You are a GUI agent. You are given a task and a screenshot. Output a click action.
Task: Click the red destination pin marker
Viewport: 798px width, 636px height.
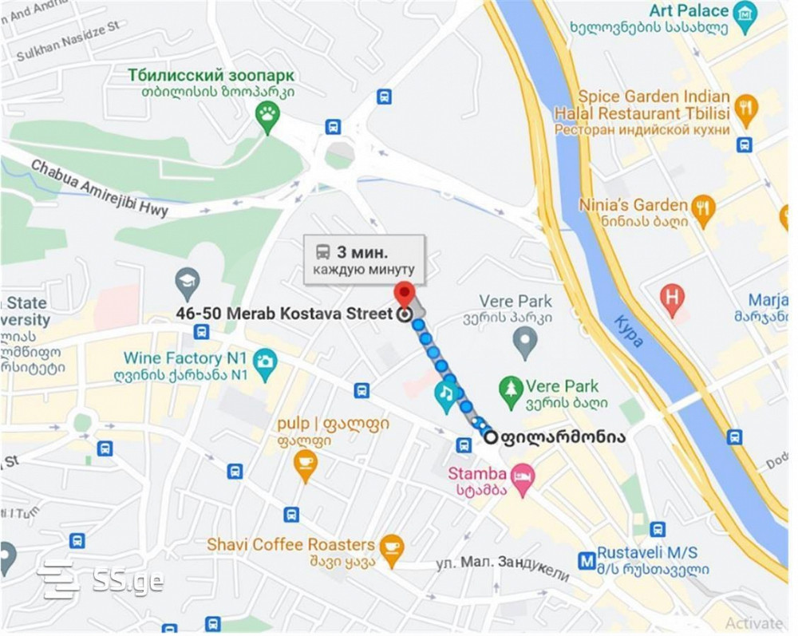pos(405,294)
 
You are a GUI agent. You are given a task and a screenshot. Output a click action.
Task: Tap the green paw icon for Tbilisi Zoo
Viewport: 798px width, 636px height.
pos(267,116)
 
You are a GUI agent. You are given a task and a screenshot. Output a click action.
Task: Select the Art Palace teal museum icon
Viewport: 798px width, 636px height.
pos(745,14)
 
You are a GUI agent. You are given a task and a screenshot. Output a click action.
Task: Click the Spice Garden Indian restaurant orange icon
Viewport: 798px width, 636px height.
pos(745,108)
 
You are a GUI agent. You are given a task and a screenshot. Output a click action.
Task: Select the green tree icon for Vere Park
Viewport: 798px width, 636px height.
pos(510,389)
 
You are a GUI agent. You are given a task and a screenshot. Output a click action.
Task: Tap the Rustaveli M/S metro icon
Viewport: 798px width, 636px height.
pos(587,561)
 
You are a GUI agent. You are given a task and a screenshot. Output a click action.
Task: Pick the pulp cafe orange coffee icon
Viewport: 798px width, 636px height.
pos(305,462)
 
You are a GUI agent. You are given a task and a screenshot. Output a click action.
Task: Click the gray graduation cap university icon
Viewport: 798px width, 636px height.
pos(188,281)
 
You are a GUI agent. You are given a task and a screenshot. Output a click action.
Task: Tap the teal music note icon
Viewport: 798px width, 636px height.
pos(445,393)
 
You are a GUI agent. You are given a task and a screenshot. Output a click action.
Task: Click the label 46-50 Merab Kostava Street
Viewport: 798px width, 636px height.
pos(284,313)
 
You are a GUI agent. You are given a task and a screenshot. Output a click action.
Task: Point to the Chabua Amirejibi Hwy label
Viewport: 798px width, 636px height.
pos(99,188)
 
